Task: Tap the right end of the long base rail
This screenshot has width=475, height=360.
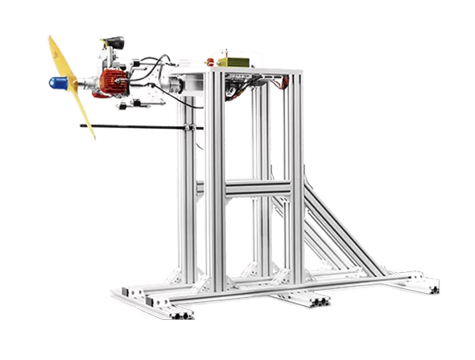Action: (430, 285)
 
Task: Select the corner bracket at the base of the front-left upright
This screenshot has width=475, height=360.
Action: (201, 282)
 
